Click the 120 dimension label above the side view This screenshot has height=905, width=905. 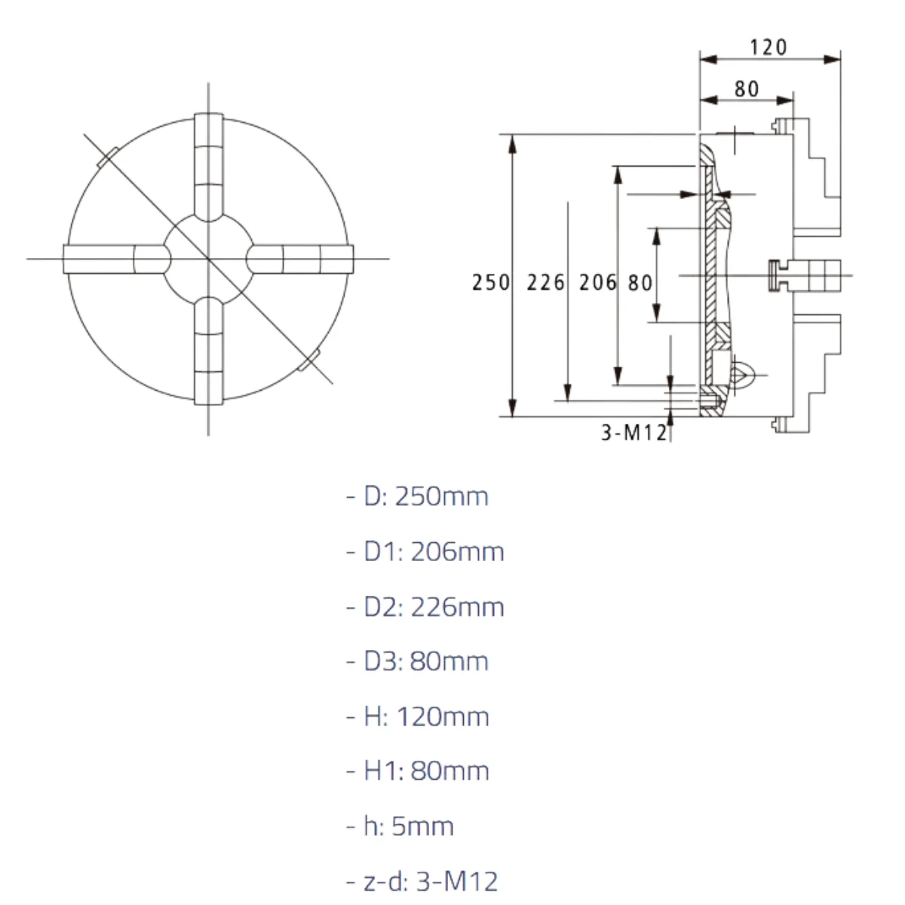pos(768,48)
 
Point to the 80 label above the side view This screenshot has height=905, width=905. pos(747,89)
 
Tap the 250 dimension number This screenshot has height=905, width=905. pos(491,283)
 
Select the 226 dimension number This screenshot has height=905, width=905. pos(545,283)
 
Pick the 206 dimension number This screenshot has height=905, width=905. pos(597,283)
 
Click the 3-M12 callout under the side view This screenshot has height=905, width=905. pos(634,433)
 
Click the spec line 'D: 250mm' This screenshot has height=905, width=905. pos(418,496)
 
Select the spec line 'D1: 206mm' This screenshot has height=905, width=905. pos(425,551)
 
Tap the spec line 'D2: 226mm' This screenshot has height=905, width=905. pos(425,607)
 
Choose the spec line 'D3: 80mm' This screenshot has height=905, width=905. pos(418,661)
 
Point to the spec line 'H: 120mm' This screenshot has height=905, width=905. pos(418,716)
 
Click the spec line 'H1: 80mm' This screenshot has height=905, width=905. pos(418,772)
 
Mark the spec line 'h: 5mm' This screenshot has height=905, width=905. pos(400,827)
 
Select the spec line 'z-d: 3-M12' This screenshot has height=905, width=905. pos(422,882)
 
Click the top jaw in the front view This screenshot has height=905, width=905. pos(208,167)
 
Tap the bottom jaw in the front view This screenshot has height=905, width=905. pos(208,351)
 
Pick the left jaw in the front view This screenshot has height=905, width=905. pos(117,259)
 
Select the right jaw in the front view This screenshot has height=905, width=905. pos(299,259)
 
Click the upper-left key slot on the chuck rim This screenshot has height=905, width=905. pos(108,158)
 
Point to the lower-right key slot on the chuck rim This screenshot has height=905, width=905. pos(309,360)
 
